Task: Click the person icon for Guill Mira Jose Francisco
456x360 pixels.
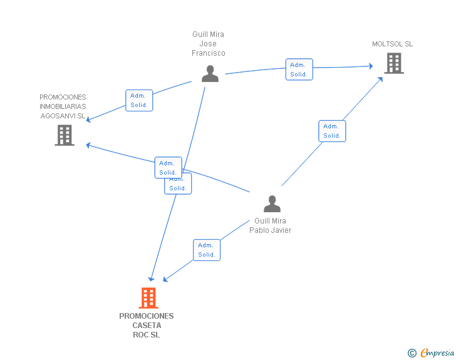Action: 210,74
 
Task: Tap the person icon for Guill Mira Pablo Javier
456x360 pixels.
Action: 272,203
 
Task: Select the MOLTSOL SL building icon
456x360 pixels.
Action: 394,63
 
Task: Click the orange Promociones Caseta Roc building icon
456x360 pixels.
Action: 148,298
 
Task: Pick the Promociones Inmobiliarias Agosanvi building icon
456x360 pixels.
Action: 65,135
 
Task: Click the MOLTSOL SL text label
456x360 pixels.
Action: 392,44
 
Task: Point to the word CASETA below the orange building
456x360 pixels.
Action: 147,326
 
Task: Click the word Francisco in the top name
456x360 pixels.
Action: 208,53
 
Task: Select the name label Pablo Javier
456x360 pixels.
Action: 270,230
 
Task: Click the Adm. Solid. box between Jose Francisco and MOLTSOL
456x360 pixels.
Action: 299,69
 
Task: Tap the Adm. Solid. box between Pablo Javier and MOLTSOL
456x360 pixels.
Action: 332,131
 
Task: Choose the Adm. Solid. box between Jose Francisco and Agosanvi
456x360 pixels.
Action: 139,100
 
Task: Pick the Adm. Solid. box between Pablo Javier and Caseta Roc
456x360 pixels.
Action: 207,250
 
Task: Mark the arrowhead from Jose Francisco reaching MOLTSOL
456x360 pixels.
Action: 371,66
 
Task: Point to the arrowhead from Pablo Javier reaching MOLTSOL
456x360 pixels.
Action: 380,79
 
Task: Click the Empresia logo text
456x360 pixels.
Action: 437,353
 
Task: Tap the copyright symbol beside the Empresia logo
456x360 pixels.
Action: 412,353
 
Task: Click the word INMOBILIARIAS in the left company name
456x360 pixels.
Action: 63,106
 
